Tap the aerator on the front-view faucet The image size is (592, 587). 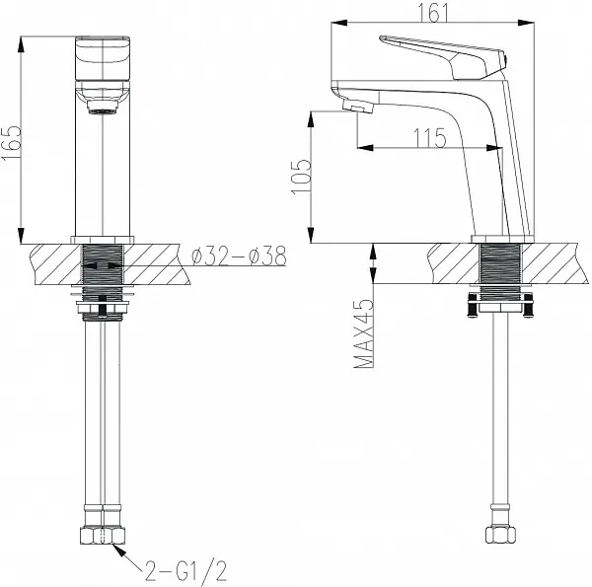point(102,105)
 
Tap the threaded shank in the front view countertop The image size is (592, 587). point(102,264)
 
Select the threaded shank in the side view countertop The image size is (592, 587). point(498,264)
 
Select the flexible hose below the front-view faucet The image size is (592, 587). point(102,414)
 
